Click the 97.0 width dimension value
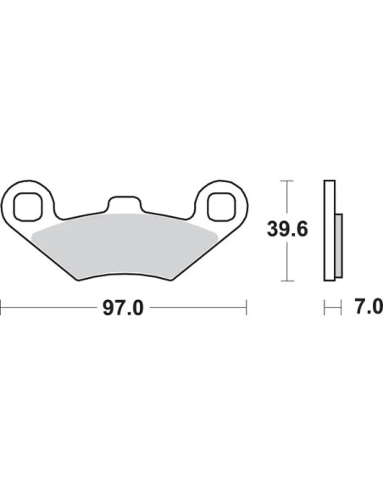123,309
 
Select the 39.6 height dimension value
287,229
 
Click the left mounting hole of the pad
27,206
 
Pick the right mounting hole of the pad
221,207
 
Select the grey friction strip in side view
339,246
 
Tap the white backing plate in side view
330,231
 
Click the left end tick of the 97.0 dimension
1,307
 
